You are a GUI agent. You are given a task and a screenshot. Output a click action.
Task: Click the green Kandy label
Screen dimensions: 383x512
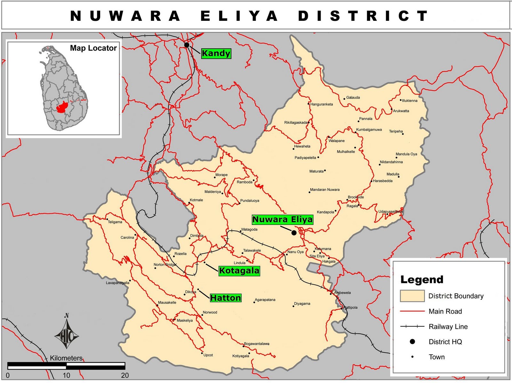point(216,53)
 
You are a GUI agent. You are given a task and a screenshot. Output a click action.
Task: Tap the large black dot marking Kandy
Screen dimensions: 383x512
point(187,45)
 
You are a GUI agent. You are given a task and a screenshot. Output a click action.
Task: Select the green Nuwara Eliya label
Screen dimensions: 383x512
point(282,219)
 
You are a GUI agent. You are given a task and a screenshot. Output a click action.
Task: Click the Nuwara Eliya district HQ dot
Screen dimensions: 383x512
point(294,233)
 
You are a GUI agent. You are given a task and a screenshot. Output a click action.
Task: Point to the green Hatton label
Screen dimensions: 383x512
point(225,298)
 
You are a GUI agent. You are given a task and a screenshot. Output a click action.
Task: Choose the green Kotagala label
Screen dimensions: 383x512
point(239,271)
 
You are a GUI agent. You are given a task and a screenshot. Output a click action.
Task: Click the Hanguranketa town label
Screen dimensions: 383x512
point(321,104)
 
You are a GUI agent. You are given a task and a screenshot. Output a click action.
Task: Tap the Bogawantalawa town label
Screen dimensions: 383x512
point(257,344)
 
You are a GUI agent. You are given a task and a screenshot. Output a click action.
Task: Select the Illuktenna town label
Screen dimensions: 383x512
point(410,101)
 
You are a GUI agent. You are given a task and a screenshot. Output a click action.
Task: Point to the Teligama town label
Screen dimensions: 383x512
point(115,222)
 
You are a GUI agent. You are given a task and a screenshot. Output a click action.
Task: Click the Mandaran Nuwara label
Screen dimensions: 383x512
point(325,190)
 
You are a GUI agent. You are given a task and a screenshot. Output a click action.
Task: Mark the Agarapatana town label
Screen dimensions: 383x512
point(265,300)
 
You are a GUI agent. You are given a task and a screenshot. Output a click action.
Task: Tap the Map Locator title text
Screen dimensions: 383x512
point(93,48)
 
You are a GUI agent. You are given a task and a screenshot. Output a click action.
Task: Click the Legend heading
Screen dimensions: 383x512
point(422,280)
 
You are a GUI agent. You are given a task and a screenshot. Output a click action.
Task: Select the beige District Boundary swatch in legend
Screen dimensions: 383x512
point(412,296)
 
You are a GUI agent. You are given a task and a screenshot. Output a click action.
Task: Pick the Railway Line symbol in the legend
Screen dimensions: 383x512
point(412,326)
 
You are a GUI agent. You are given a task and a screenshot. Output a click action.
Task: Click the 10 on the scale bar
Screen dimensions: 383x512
point(66,375)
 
